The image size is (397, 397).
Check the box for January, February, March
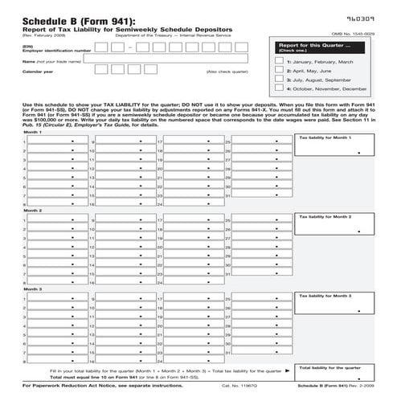click(279, 62)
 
